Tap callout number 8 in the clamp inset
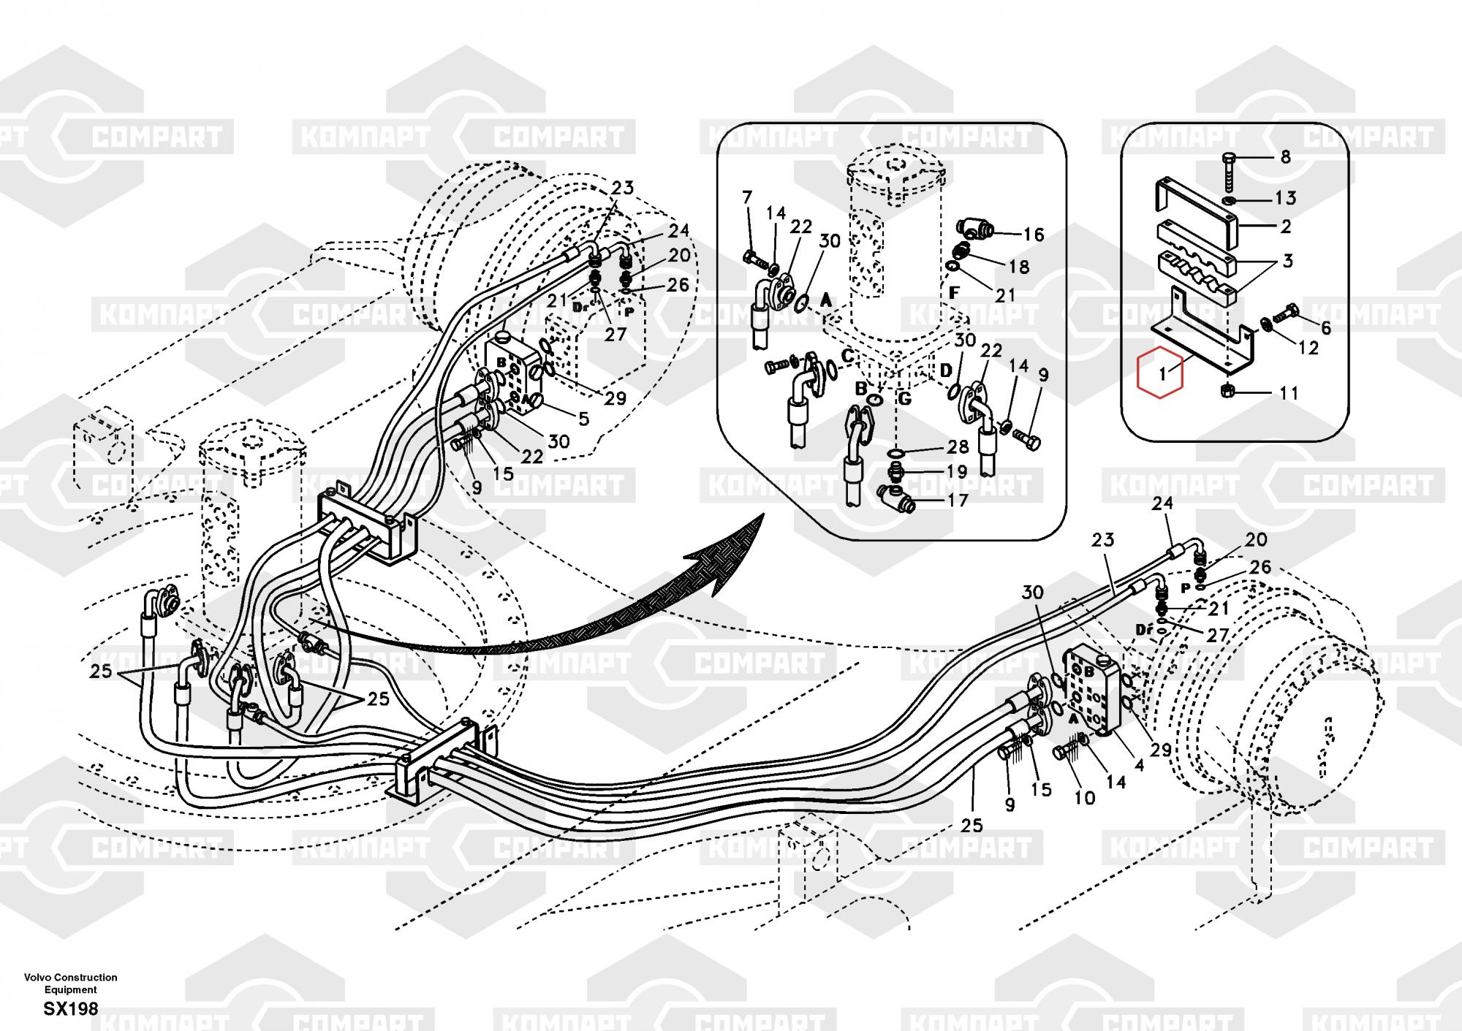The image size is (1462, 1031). point(1286,156)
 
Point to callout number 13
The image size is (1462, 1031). point(1285,197)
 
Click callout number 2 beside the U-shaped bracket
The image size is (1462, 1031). point(1286,227)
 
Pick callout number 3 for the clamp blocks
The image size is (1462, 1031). point(1287,260)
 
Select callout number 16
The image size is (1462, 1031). point(1034,235)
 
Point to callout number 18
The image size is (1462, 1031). point(1018,267)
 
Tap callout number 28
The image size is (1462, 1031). point(957,446)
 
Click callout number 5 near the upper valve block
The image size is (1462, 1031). point(583,419)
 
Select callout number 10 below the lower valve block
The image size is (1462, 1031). point(1084,797)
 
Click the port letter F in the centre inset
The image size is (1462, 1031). point(954,292)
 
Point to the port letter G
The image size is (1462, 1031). point(905,400)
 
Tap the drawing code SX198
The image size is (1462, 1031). point(70,1009)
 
